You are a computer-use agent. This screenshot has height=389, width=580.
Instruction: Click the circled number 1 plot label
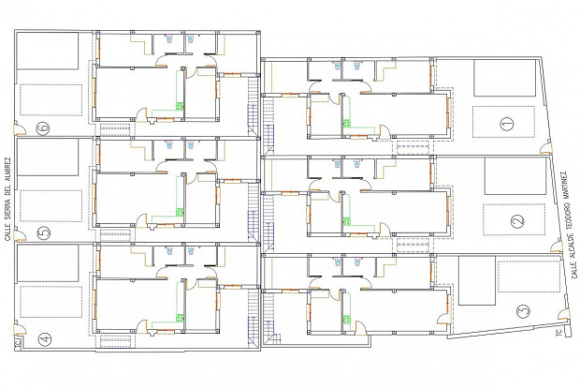pos(507,124)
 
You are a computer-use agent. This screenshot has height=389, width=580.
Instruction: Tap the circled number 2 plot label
pos(517,221)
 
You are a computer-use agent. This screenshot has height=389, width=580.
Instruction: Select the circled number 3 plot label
pos(523,310)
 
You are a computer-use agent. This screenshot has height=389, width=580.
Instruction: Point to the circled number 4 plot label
pos(45,338)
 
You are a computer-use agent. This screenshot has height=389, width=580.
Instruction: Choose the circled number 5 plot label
pos(44,232)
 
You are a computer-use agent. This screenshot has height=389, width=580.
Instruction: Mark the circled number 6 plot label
pos(43,127)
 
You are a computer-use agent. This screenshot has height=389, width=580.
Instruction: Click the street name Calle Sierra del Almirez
pos(7,200)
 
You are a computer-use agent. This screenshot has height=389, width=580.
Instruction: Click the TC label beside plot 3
pos(558,333)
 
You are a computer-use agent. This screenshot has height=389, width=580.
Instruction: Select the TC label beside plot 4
pos(18,342)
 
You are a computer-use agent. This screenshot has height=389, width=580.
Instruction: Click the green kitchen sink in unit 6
pos(180,106)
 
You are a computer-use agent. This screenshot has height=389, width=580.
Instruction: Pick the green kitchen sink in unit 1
pos(346,124)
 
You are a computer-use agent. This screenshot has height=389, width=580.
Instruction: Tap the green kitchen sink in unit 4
pos(180,318)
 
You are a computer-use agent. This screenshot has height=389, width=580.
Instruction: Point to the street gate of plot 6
pos(20,128)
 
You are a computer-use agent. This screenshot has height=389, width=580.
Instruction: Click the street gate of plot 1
pos(546,148)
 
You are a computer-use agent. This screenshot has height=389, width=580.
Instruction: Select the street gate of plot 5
pos(20,235)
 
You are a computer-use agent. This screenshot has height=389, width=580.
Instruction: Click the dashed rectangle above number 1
pos(503,122)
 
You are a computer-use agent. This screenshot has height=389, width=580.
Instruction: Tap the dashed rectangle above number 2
pos(514,219)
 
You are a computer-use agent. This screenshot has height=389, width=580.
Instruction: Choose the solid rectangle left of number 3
pos(476,280)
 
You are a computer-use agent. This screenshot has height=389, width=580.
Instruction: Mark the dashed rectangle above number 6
pos(51,99)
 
